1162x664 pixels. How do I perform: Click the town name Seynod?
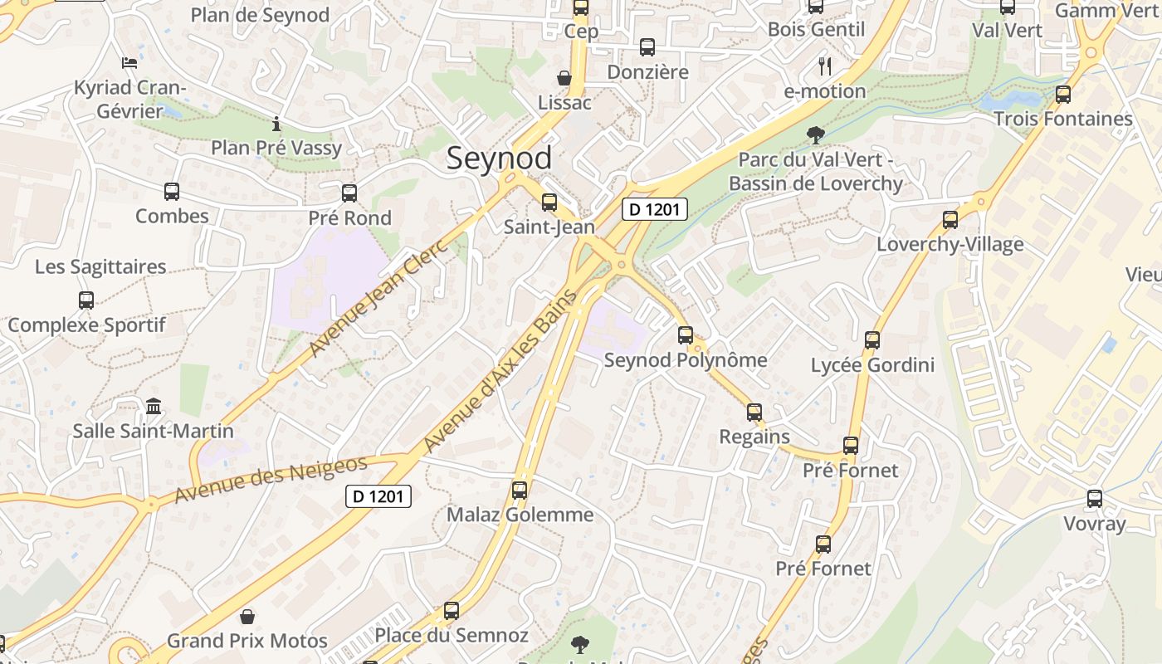(499, 159)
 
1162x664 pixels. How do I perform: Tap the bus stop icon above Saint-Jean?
(549, 202)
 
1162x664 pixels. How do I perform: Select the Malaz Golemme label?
(520, 515)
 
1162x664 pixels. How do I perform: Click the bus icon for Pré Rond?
(349, 193)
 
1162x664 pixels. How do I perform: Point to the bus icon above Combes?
(172, 192)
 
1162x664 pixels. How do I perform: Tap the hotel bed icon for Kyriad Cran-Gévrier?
(129, 62)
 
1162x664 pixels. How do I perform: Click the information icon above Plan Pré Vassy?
(276, 124)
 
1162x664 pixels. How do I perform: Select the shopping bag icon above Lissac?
(564, 78)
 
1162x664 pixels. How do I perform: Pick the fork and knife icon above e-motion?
(824, 66)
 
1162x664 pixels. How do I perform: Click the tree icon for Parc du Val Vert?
(816, 134)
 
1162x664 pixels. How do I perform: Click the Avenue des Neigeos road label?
(271, 480)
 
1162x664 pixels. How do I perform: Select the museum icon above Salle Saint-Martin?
(154, 407)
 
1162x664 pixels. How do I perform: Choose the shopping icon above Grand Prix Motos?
(247, 617)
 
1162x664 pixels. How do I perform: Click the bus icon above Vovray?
(1095, 499)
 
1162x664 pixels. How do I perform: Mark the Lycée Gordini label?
(872, 365)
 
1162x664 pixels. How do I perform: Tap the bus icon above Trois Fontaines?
(1063, 95)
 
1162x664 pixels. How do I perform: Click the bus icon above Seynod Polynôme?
(686, 335)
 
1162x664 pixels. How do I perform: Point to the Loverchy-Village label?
(950, 245)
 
